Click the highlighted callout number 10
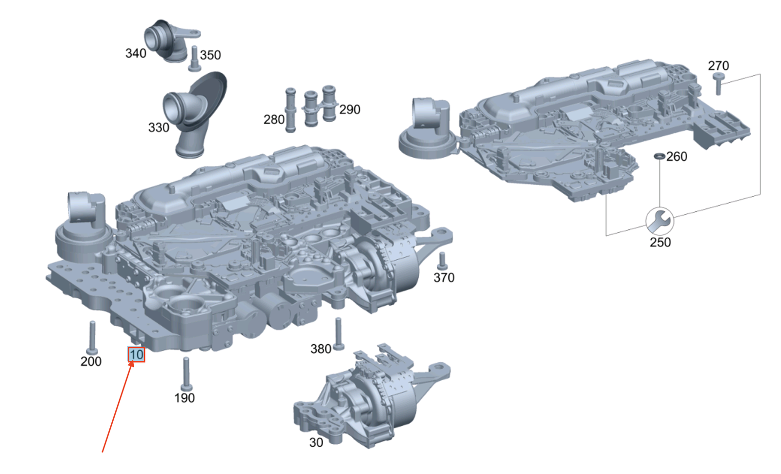click(136, 354)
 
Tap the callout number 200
click(91, 361)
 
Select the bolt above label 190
click(185, 374)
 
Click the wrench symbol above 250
click(659, 221)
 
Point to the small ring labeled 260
click(659, 156)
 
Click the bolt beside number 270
click(718, 84)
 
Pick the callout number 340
click(135, 53)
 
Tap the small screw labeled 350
click(194, 58)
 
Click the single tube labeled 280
click(290, 110)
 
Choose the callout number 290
click(349, 109)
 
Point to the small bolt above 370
click(442, 261)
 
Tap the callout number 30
click(316, 442)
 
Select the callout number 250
click(660, 242)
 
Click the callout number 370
click(444, 277)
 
